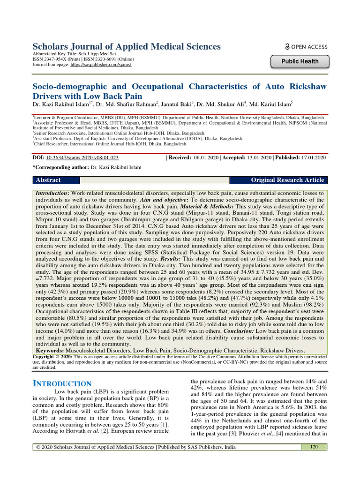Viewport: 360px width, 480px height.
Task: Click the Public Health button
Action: [300, 61]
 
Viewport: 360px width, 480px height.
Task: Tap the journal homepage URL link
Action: [100, 64]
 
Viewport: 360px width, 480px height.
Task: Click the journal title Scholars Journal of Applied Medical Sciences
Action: [126, 46]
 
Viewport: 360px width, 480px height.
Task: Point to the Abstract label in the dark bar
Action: [48, 180]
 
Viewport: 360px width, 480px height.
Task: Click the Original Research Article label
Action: [287, 180]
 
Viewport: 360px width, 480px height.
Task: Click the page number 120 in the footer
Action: [314, 447]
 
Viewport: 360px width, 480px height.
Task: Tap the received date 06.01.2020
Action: [207, 158]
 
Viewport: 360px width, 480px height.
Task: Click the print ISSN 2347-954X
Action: [57, 59]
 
